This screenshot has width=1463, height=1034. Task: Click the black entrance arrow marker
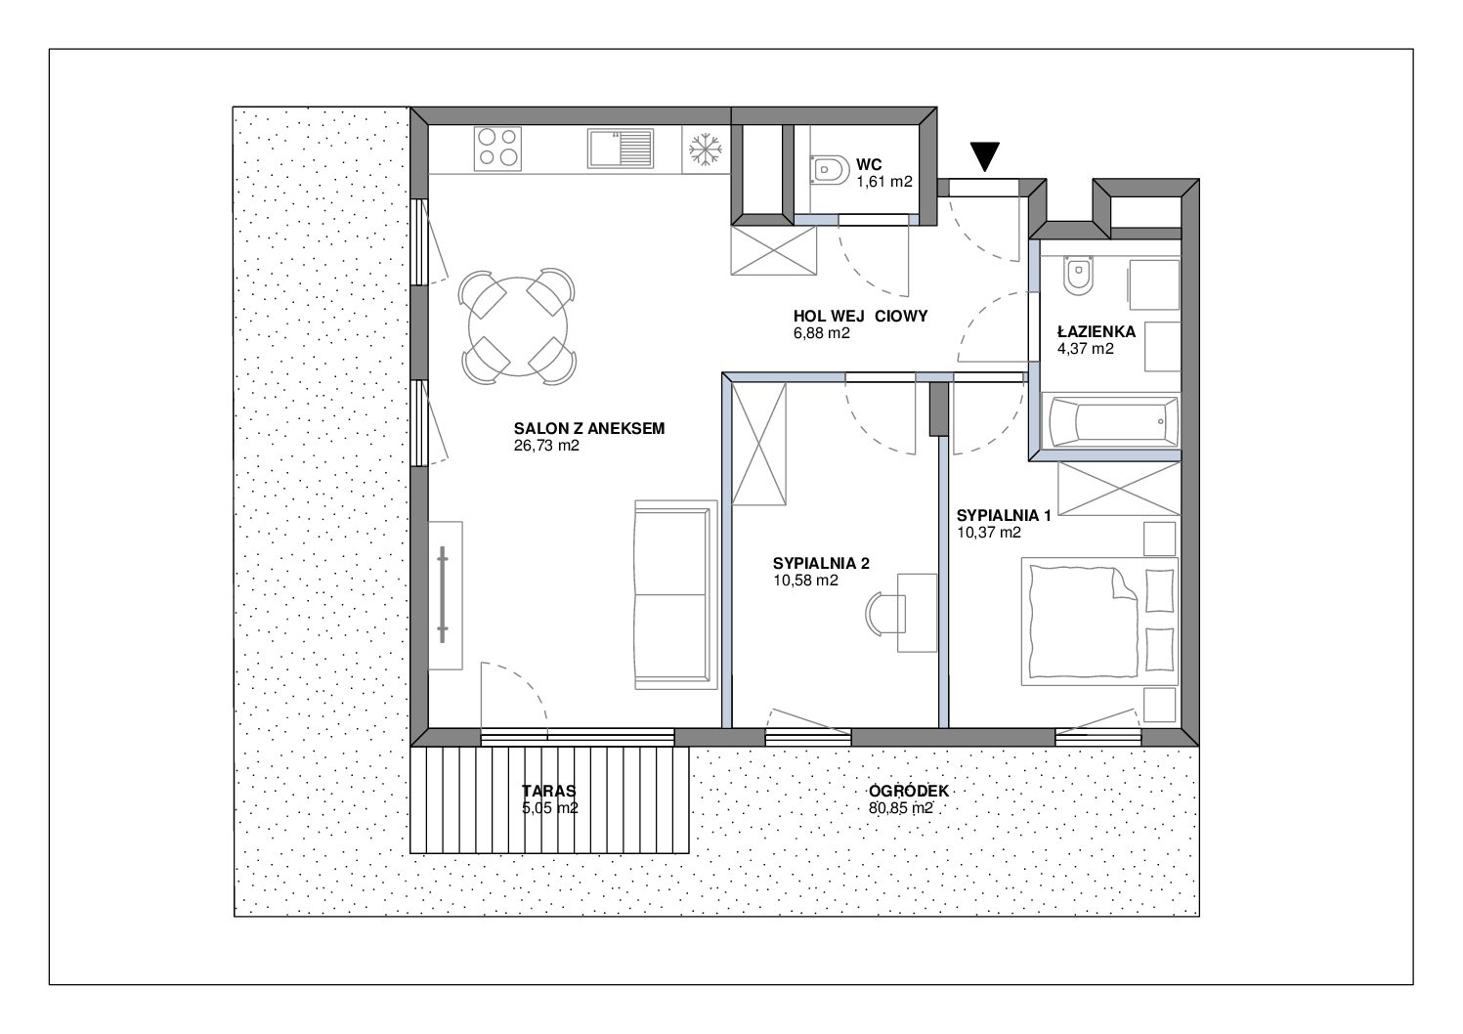pos(985,156)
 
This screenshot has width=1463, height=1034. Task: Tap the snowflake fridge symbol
pos(706,150)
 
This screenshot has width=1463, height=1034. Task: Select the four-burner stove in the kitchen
pos(498,149)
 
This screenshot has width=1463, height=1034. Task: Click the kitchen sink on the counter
pos(620,149)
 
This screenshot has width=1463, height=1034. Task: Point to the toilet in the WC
pos(828,171)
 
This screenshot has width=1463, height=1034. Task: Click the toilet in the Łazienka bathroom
pos(1078,275)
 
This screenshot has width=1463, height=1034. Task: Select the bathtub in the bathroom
pos(1113,421)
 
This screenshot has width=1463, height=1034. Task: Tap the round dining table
pos(518,326)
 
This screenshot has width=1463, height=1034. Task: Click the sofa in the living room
pos(675,595)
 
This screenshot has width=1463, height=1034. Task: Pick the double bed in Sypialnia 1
pos(1099,622)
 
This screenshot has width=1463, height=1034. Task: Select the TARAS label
pos(548,792)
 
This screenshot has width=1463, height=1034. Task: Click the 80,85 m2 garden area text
pos(901,808)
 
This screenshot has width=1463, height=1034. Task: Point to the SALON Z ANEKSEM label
pos(589,428)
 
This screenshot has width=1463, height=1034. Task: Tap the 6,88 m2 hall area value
pos(822,333)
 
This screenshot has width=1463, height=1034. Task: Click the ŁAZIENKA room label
pos(1097,331)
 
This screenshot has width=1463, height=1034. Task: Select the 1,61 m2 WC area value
pos(884,182)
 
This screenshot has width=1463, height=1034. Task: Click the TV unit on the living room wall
pos(446,595)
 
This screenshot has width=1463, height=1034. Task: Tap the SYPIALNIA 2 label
pos(821,563)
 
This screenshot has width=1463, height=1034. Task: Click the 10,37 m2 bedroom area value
pos(989,533)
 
